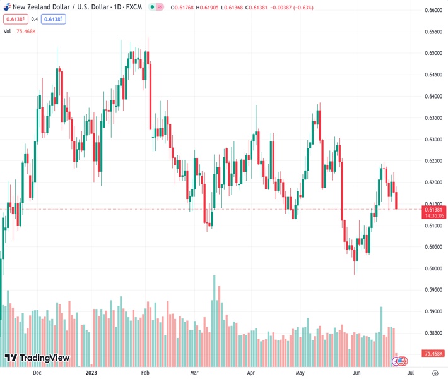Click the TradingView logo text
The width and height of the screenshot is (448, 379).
tap(44, 359)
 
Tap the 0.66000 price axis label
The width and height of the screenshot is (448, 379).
tap(433, 10)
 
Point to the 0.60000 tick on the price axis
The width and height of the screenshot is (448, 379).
tap(433, 268)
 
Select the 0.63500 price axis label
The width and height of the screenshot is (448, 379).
tap(433, 118)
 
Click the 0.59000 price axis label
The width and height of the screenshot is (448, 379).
tap(433, 311)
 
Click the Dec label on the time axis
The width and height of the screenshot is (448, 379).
tap(37, 373)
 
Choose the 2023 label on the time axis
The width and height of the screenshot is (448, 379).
tap(92, 373)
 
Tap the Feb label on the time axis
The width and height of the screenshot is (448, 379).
tap(146, 373)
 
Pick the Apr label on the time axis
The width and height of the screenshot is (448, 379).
tap(251, 373)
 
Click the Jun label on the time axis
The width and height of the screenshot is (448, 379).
tap(357, 373)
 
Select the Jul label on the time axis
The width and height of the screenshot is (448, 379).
tap(411, 373)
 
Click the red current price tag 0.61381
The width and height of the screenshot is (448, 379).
tap(433, 209)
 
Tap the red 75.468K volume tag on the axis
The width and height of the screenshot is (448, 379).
tap(434, 354)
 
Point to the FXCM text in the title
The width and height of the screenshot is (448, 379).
tap(134, 7)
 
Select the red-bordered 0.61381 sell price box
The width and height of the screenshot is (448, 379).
tap(14, 19)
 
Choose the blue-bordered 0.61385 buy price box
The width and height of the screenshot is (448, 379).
tap(54, 19)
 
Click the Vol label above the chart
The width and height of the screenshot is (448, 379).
tap(8, 31)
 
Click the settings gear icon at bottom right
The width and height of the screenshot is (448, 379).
tap(435, 373)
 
